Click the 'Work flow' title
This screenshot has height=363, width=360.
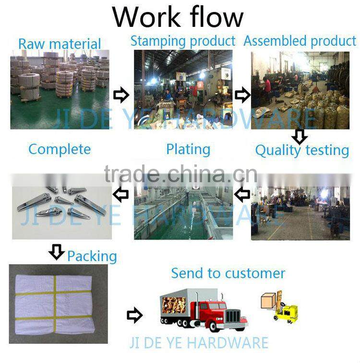click(x=178, y=17)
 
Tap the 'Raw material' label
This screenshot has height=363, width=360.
click(x=60, y=44)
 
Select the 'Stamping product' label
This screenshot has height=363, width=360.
click(x=183, y=41)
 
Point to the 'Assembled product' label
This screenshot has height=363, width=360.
click(x=300, y=41)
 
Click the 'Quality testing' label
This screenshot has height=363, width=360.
click(x=302, y=151)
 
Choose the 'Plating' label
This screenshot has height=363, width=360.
click(x=188, y=150)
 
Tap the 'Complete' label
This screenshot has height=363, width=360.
click(x=60, y=149)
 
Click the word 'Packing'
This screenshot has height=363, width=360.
click(x=92, y=257)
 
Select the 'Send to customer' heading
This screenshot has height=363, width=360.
click(x=228, y=273)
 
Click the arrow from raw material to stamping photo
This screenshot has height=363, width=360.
click(x=121, y=94)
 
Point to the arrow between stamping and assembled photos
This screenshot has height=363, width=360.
click(x=242, y=95)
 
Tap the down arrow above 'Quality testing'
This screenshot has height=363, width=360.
click(x=300, y=136)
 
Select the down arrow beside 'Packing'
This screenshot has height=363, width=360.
click(x=57, y=252)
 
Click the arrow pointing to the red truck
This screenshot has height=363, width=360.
click(x=134, y=315)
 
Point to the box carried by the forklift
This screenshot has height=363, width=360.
click(x=268, y=301)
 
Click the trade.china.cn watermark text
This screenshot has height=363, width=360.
click(x=180, y=174)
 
